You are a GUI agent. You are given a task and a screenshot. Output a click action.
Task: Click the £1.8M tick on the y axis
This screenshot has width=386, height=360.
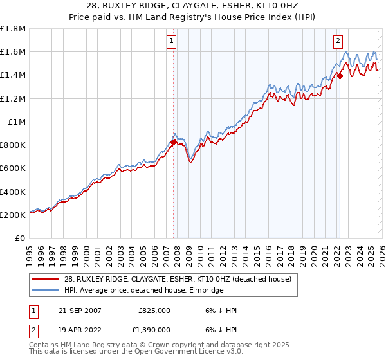click(x=14, y=29)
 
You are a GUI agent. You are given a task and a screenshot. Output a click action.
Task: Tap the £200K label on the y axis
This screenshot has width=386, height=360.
click(x=13, y=215)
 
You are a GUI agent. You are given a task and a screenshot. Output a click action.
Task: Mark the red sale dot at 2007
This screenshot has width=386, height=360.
click(x=173, y=142)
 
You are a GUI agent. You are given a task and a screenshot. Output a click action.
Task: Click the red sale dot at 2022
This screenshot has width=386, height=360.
click(x=339, y=76)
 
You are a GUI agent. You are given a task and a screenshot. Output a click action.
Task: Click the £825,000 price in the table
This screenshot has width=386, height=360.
click(x=154, y=310)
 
